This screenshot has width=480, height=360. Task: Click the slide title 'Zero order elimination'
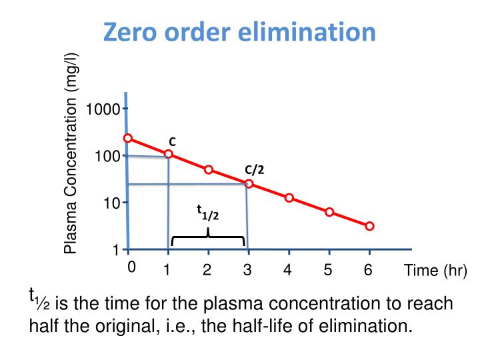tap(239, 31)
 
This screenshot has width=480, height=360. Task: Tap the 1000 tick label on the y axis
tap(106, 109)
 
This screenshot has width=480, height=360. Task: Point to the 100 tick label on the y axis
tap(109, 156)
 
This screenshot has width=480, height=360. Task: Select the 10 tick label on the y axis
tap(111, 203)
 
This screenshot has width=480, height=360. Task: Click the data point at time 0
tap(128, 138)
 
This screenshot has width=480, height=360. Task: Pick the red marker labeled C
tap(168, 154)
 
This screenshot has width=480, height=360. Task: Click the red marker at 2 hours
tap(209, 169)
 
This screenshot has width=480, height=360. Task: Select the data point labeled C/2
tap(249, 183)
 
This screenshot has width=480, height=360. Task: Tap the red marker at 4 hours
tap(289, 198)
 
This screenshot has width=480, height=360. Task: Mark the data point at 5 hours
tap(329, 212)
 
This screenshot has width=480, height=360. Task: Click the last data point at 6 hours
tap(370, 226)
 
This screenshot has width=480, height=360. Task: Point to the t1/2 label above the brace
tap(207, 212)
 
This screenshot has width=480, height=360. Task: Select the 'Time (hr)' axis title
tap(435, 271)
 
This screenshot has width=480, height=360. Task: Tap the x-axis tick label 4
tap(287, 270)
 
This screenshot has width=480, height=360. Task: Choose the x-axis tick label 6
tap(367, 270)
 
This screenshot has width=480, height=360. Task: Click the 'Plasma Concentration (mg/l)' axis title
tap(71, 153)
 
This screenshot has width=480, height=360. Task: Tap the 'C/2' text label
tap(254, 169)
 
